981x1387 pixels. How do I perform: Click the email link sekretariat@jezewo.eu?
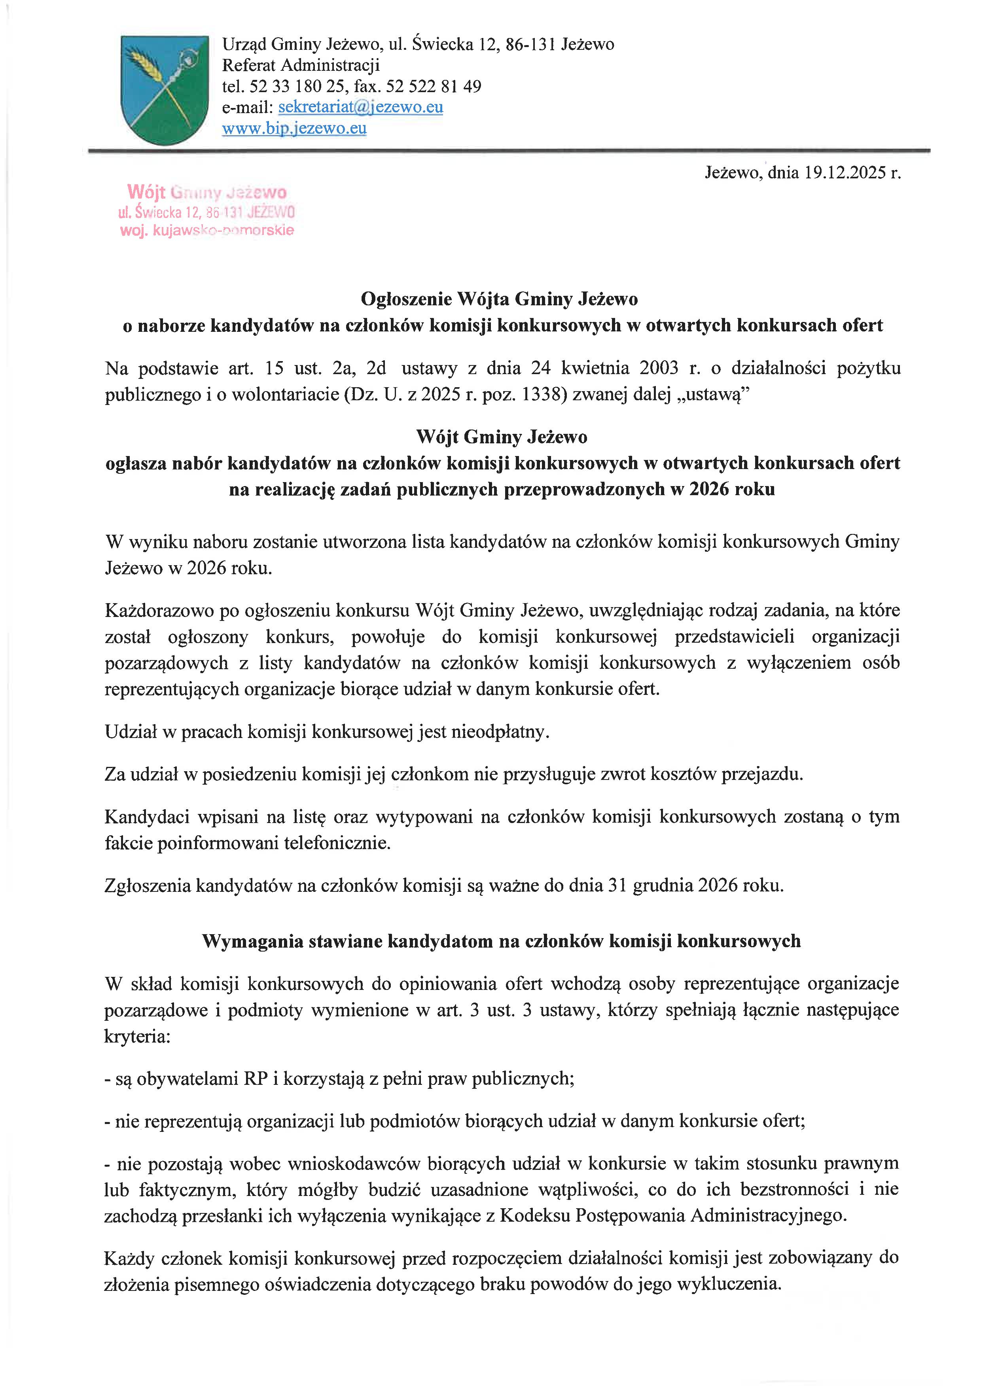[361, 108]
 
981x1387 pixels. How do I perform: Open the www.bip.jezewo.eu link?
[294, 129]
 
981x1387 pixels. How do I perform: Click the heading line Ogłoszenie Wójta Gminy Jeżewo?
[499, 299]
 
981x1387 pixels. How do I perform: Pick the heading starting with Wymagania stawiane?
[501, 940]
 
